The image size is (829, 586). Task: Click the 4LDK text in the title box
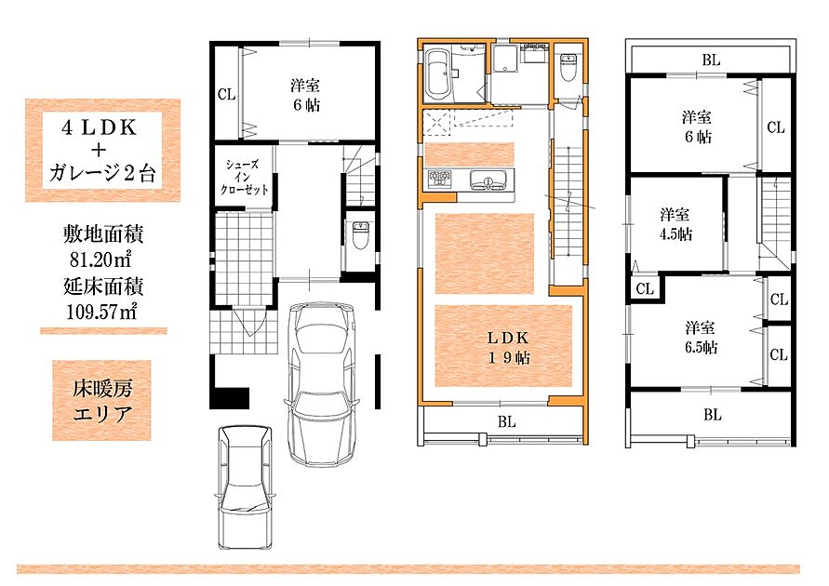click(x=100, y=127)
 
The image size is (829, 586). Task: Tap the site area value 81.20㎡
click(x=100, y=259)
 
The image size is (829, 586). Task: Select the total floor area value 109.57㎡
click(x=102, y=312)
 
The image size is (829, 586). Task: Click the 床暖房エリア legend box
click(x=101, y=401)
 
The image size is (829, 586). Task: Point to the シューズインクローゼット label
click(x=244, y=177)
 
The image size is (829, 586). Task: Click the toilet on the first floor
click(x=360, y=235)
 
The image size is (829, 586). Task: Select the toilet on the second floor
click(x=568, y=67)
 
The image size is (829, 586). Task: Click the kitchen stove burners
click(x=440, y=179)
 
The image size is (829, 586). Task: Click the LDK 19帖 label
click(x=508, y=348)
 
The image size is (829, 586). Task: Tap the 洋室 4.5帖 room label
click(x=675, y=224)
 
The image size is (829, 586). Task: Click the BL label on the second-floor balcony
click(x=506, y=421)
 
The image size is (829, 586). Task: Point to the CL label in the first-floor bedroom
click(x=226, y=95)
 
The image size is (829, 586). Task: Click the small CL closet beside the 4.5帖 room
click(x=645, y=289)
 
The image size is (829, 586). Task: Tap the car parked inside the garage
click(x=320, y=382)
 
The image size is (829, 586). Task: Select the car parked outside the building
click(x=246, y=486)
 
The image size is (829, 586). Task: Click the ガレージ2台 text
click(x=102, y=172)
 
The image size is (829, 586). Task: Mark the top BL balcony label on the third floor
click(x=711, y=60)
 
